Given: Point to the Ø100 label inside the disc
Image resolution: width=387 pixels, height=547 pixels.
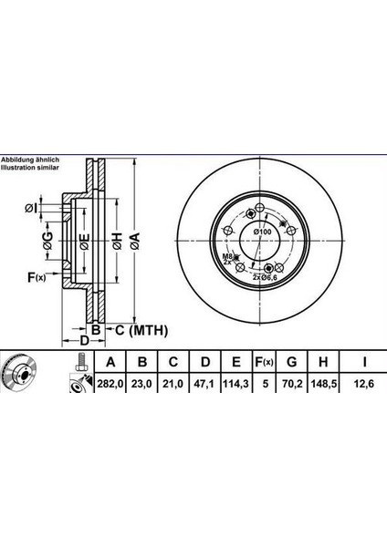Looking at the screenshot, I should (x=263, y=235).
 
